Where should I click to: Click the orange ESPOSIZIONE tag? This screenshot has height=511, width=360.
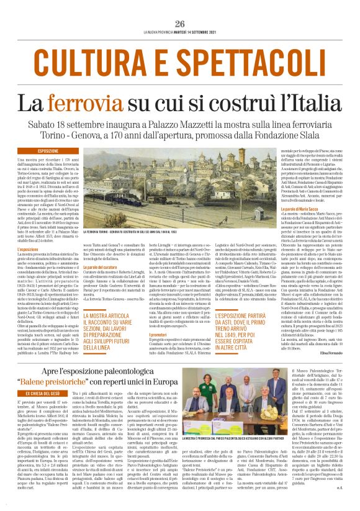coord(48,151)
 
